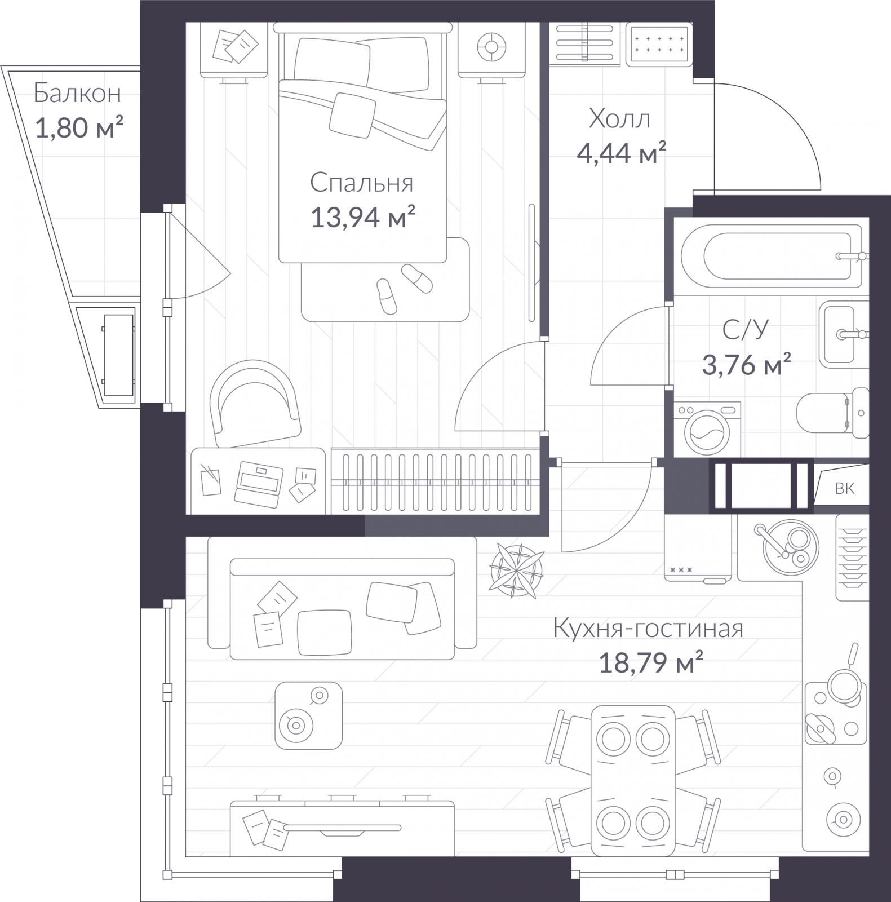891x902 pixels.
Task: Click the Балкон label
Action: tap(77, 94)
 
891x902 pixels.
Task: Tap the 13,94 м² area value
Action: tap(363, 216)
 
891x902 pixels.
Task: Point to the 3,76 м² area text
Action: tap(746, 365)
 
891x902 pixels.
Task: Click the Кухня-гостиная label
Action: tap(648, 628)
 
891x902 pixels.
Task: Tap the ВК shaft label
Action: tap(844, 488)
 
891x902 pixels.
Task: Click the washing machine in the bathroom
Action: tap(707, 430)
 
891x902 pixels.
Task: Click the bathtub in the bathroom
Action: tap(772, 257)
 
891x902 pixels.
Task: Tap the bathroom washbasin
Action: tap(844, 334)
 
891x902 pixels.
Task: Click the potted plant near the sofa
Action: tap(517, 570)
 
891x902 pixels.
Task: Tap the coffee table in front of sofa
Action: tap(308, 715)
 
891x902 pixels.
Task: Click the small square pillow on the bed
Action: tap(353, 114)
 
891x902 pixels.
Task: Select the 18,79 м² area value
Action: tap(650, 663)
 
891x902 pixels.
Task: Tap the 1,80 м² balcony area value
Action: tap(79, 127)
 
